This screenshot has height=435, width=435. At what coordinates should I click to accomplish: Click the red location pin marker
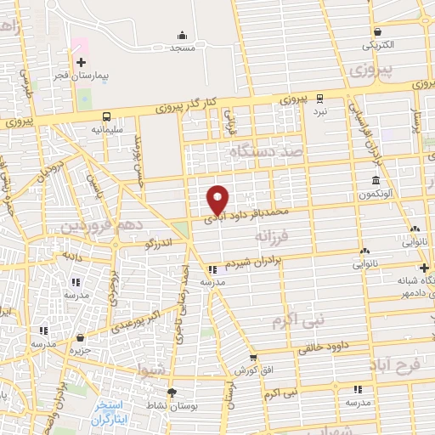coord(218,199)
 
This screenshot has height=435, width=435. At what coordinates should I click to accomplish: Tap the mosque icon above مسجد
coord(182,35)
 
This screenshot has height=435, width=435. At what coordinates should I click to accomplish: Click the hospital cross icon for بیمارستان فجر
coord(81,62)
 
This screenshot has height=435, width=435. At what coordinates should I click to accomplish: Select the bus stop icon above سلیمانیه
coord(107,116)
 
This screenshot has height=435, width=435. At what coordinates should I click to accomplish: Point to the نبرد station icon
coord(319,98)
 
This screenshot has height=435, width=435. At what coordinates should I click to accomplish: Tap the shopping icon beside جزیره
coord(80,337)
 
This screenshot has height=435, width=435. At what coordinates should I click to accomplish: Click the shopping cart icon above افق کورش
coord(253,359)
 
